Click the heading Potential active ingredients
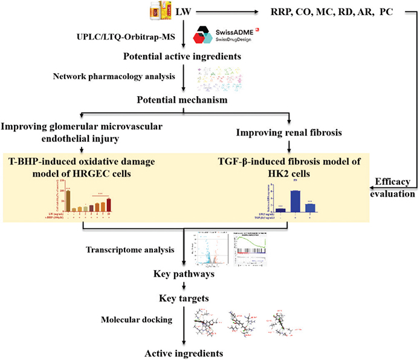pyautogui.click(x=185, y=58)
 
